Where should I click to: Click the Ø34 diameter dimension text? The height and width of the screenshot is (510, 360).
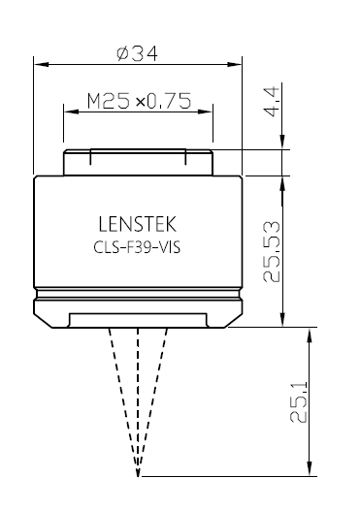click(137, 53)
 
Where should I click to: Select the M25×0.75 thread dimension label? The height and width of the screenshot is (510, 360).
click(139, 101)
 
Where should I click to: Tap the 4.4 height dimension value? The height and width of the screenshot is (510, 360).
click(272, 101)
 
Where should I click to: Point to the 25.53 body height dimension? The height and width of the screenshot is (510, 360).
click(271, 252)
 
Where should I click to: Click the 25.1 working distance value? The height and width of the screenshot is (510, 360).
click(298, 402)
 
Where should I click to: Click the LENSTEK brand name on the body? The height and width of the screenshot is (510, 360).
click(137, 224)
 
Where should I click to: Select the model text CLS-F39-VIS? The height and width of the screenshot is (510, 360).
click(137, 247)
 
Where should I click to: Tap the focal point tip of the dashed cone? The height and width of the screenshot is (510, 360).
click(138, 476)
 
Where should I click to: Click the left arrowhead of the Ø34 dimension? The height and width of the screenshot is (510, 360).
click(41, 64)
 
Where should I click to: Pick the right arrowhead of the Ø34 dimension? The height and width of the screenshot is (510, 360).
click(235, 64)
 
